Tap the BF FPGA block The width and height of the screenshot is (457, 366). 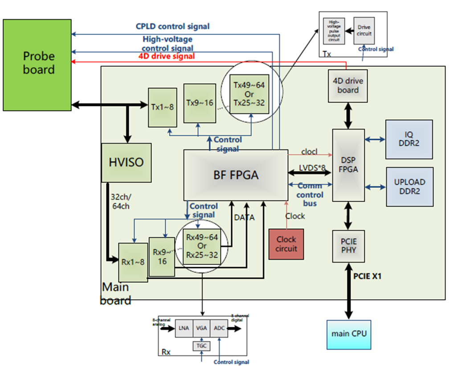click(236, 175)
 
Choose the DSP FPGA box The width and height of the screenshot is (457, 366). click(348, 165)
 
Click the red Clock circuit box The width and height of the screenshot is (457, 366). click(286, 244)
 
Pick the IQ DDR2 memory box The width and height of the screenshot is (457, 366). click(409, 139)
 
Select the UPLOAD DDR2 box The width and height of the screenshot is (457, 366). click(409, 187)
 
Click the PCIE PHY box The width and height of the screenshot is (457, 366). click(348, 245)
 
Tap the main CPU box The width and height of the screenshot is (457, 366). click(349, 333)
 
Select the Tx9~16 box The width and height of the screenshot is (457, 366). click(199, 103)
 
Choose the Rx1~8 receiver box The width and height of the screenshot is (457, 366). click(133, 262)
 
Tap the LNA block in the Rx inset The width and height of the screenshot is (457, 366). click(184, 329)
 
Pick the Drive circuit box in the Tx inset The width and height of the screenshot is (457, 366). click(364, 31)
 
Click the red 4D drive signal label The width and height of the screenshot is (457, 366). click(167, 56)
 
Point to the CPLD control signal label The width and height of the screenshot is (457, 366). click(172, 27)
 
